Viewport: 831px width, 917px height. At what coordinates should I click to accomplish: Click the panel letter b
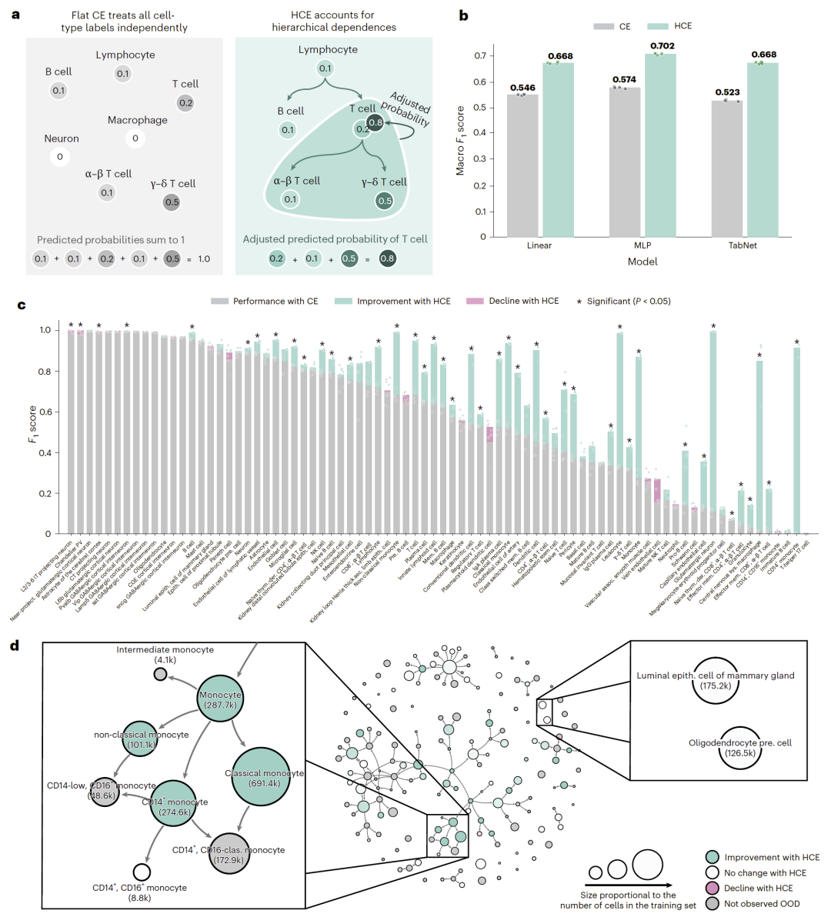(463, 15)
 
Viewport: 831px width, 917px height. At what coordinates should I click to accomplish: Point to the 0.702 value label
(662, 46)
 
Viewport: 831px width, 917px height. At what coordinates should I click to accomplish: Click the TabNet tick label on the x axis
(742, 245)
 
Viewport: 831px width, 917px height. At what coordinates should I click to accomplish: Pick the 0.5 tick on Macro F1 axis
(480, 108)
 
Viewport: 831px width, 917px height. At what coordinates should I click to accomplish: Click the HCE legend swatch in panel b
(659, 26)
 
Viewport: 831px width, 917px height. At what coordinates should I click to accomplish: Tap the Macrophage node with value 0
(135, 138)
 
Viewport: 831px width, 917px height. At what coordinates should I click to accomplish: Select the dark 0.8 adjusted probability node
(375, 122)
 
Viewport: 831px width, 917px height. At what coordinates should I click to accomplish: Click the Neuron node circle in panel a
(60, 157)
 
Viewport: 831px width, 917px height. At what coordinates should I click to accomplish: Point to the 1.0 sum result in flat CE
(204, 259)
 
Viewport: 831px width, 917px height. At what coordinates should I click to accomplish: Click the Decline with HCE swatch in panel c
(474, 301)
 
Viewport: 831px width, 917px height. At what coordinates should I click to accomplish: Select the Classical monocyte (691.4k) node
(263, 778)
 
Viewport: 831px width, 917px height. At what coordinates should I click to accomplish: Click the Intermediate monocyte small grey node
(160, 674)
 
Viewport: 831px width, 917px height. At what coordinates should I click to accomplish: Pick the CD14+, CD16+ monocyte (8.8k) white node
(141, 872)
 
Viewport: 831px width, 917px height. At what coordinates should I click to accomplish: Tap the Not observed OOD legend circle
(712, 904)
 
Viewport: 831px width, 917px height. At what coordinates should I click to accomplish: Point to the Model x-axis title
(642, 262)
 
